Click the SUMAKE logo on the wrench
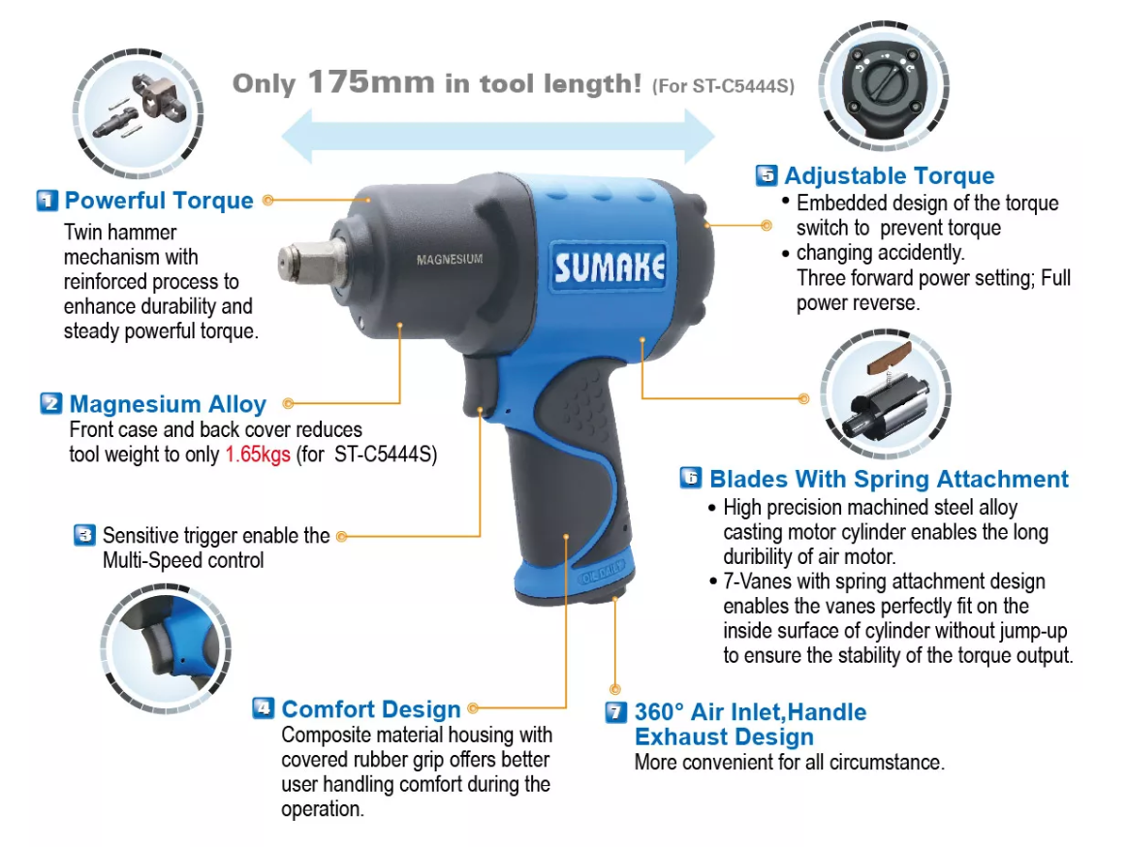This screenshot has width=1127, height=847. tap(609, 267)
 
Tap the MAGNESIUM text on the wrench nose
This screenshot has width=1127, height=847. tap(450, 259)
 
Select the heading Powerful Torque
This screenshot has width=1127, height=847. tap(159, 201)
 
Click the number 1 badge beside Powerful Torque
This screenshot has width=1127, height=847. tap(47, 201)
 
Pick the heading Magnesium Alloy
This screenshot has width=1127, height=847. tap(168, 404)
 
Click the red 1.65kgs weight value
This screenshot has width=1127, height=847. tap(258, 455)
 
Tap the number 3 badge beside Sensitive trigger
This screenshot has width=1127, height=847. tap(85, 535)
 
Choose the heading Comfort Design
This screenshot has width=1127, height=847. tap(371, 709)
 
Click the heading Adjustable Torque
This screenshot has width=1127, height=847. tap(889, 175)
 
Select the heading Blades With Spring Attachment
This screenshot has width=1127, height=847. tap(889, 479)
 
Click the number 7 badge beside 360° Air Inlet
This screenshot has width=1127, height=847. tap(616, 712)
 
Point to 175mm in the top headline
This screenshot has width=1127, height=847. tap(371, 82)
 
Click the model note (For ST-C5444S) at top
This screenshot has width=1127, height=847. tap(723, 86)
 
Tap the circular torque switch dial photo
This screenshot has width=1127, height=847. tap(884, 85)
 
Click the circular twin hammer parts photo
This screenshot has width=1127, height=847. tap(139, 113)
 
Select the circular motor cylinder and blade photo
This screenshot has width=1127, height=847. tap(887, 394)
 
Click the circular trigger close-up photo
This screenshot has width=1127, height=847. tap(166, 647)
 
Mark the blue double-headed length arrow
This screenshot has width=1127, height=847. tap(497, 136)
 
